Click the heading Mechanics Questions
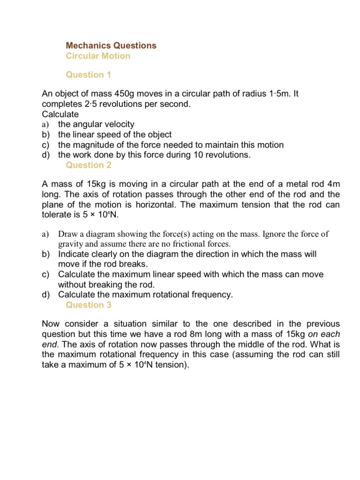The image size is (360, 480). pos(111,45)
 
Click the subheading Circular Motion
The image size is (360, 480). pos(98,56)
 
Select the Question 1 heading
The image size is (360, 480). pos(89,75)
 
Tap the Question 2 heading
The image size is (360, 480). pos(89,165)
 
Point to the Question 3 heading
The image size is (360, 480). pos(89,305)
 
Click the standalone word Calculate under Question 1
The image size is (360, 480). pos(60,114)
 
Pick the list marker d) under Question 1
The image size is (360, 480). pos(46,155)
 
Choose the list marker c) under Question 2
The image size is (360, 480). pos(46,274)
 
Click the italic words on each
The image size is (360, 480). pos(324,334)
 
